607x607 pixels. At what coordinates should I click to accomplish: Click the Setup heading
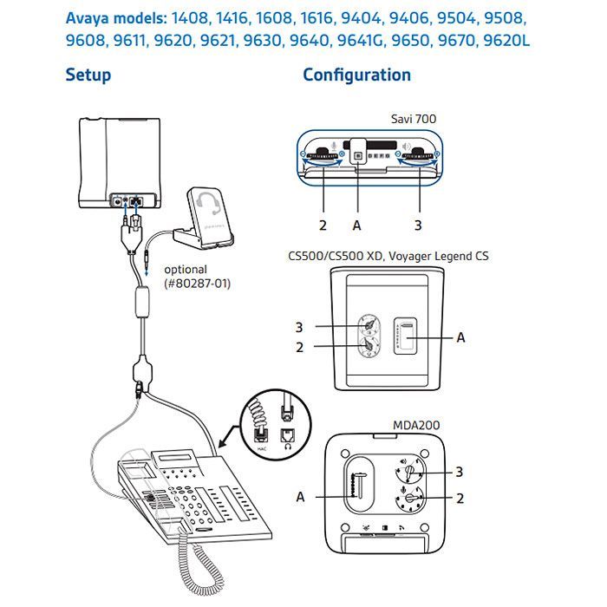click(x=88, y=75)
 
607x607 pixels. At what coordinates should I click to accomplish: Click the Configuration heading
click(x=356, y=75)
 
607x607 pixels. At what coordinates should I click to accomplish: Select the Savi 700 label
click(x=413, y=118)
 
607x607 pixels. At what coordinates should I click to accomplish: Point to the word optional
click(x=185, y=270)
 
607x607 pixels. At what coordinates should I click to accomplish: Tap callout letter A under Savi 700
click(x=356, y=225)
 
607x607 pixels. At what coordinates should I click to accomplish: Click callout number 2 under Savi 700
click(x=323, y=225)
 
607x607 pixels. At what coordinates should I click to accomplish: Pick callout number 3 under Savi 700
click(x=418, y=225)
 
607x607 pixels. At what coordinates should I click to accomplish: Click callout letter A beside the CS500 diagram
click(x=460, y=336)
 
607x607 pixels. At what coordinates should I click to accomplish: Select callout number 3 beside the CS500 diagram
click(x=299, y=327)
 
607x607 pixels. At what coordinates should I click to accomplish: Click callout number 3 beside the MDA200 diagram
click(x=459, y=472)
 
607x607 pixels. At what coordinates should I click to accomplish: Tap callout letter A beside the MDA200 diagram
click(x=301, y=497)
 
